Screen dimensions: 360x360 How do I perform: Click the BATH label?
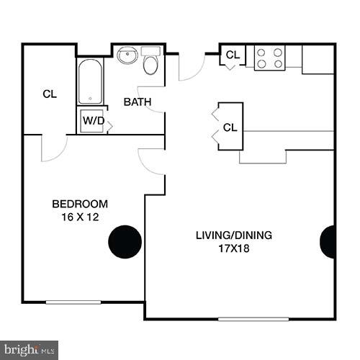point(137,102)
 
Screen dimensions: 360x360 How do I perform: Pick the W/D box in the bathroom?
point(92,121)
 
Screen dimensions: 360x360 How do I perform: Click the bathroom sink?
point(128,55)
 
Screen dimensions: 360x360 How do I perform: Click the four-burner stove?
point(269,58)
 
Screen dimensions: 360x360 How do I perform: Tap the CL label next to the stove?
point(233,55)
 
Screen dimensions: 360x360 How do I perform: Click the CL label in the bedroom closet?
point(50,94)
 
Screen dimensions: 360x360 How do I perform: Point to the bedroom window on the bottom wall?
point(73,302)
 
